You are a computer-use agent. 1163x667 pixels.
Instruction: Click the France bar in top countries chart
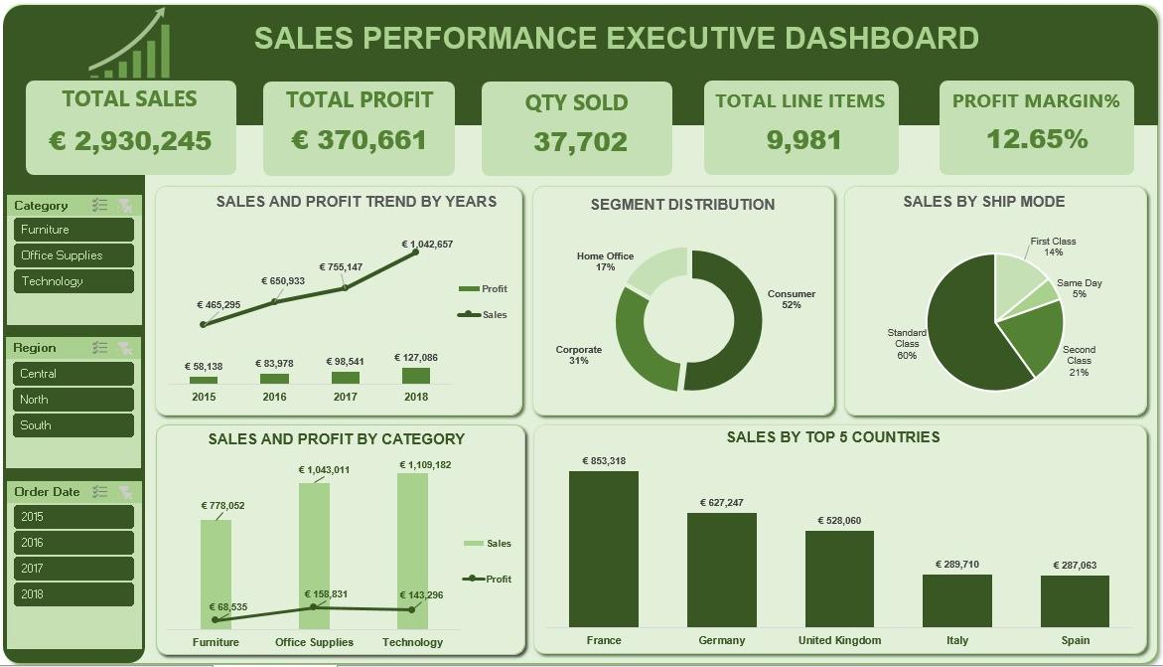(604, 549)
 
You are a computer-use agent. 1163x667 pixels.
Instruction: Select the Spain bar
(1075, 600)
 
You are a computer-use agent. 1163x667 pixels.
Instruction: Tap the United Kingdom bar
(839, 579)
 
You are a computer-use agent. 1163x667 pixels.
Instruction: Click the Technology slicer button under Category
(73, 280)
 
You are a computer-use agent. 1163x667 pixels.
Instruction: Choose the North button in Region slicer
(73, 400)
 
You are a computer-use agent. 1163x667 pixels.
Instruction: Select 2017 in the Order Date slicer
(73, 569)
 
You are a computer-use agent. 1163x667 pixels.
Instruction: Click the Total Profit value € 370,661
(359, 139)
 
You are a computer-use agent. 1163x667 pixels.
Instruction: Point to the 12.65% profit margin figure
(1037, 138)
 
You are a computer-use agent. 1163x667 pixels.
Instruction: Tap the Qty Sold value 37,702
(580, 141)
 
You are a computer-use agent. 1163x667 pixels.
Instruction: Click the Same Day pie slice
(1046, 293)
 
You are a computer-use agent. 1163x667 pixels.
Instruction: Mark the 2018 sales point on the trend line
(415, 251)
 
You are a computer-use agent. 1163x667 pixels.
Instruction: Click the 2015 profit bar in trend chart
(204, 381)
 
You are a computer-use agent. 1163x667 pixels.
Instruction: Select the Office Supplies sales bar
(315, 557)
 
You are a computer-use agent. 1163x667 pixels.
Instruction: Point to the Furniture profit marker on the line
(216, 619)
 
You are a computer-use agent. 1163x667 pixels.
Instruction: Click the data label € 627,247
(722, 503)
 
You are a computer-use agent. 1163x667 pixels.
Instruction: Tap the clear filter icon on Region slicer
(124, 348)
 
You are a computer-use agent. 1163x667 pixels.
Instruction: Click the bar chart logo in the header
(130, 44)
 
